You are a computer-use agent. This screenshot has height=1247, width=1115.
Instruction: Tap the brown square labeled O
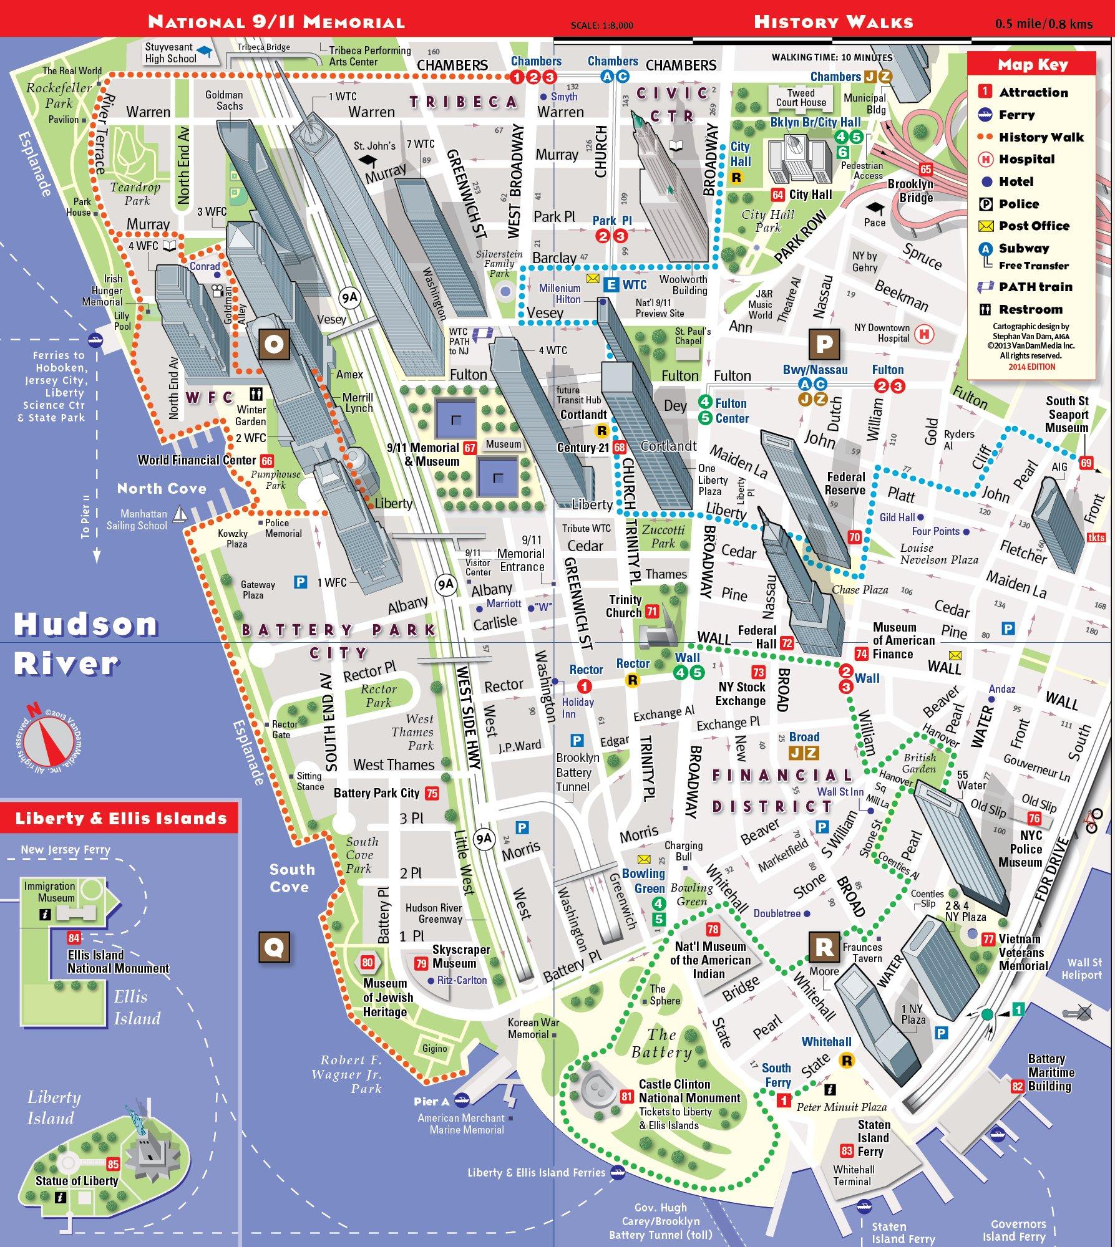[275, 344]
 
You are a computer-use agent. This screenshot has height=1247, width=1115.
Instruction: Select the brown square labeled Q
[275, 948]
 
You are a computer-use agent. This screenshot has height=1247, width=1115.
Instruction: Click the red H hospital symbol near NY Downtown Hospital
[924, 334]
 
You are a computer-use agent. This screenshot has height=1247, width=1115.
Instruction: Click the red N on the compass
[33, 710]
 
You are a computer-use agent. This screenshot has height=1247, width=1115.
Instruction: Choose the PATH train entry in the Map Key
[1035, 287]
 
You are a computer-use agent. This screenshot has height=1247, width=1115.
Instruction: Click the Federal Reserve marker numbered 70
[854, 537]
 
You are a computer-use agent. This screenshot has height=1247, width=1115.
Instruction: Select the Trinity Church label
[625, 606]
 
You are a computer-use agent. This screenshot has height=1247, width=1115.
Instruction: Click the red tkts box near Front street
[1096, 537]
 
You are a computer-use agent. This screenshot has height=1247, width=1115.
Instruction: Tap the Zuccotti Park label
[663, 536]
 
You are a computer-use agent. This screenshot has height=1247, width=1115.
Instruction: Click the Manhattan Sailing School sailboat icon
[180, 514]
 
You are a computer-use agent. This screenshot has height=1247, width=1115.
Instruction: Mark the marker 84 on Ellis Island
[74, 938]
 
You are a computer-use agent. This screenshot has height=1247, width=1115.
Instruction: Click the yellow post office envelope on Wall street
[955, 655]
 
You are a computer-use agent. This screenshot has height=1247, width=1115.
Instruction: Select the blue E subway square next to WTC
[611, 285]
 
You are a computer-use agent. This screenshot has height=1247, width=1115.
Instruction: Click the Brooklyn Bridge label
[910, 191]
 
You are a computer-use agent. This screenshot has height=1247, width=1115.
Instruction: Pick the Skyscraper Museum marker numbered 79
[421, 964]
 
